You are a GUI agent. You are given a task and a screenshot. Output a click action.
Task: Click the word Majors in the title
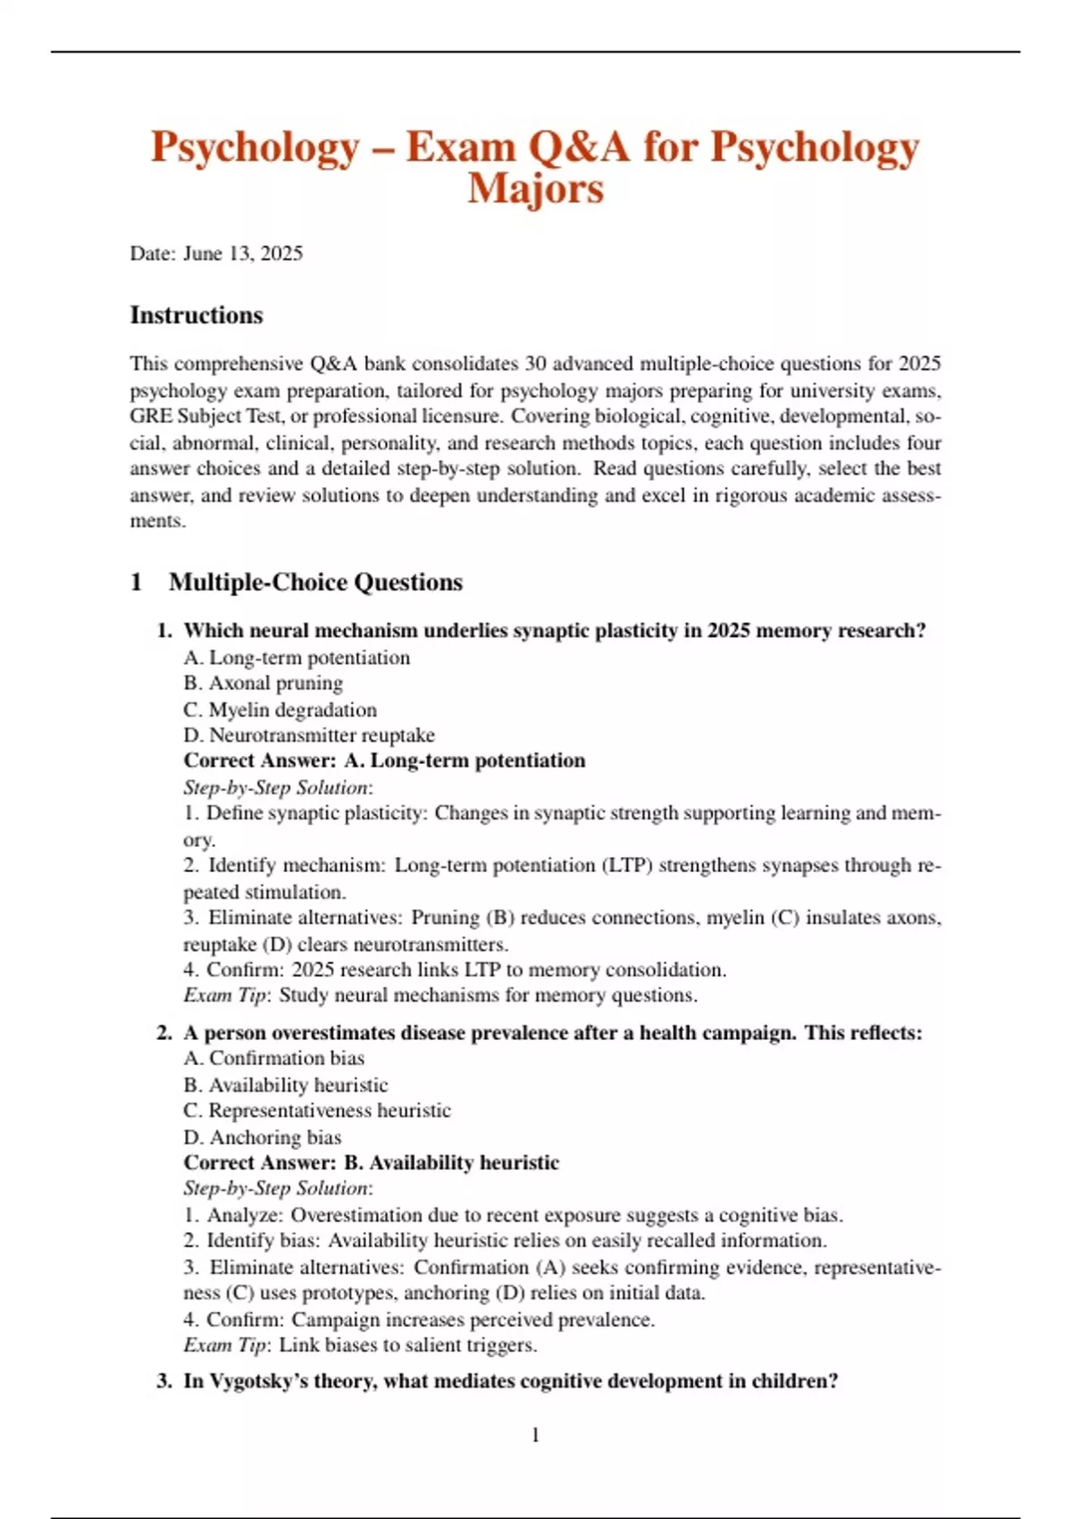[x=535, y=189]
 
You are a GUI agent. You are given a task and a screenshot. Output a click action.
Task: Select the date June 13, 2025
[x=242, y=254]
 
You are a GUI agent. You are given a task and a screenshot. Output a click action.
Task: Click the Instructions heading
[x=197, y=315]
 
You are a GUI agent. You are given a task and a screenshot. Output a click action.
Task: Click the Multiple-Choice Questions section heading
[x=315, y=583]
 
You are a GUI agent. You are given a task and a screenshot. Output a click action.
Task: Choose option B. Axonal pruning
[x=264, y=684]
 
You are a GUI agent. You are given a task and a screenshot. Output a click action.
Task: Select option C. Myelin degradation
[x=280, y=710]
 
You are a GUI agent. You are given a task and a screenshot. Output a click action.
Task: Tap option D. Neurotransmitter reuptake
[x=309, y=736]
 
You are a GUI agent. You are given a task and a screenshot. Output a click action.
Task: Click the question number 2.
[x=163, y=1033]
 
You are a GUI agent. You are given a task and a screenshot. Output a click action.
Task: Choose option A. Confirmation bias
[x=274, y=1059]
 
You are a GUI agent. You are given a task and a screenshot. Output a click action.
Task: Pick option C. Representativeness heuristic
[x=317, y=1111]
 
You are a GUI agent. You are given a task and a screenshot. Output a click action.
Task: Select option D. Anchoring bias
[x=263, y=1137]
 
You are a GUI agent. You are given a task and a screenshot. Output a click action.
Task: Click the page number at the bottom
[x=535, y=1436]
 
